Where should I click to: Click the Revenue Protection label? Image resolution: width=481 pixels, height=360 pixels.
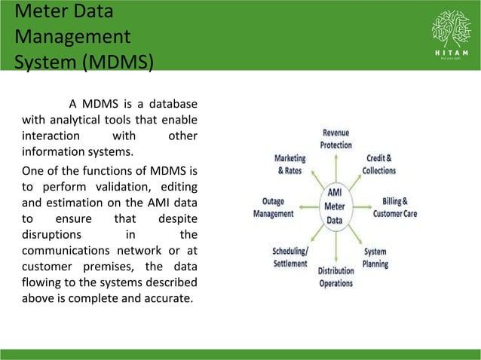pos(341,139)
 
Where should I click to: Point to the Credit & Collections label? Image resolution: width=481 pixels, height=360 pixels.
pos(379,165)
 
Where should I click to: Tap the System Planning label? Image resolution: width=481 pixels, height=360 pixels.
pos(375,258)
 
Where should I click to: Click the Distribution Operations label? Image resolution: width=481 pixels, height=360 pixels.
pos(335,276)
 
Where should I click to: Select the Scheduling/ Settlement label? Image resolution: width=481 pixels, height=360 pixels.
pos(290,257)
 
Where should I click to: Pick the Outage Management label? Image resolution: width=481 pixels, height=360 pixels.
pos(273,208)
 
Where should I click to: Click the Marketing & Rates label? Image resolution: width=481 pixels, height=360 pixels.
pos(290,165)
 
